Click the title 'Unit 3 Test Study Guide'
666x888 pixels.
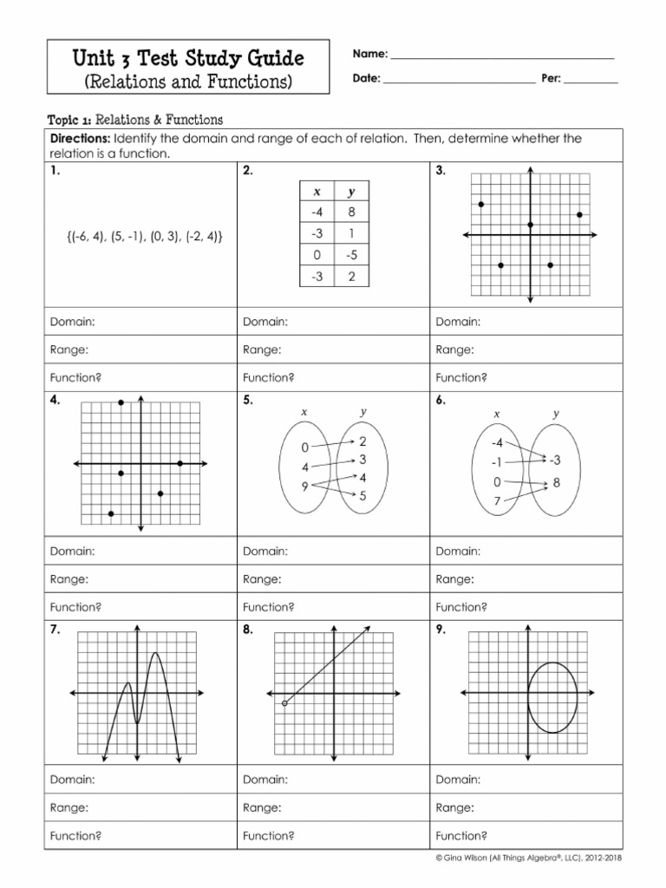187,59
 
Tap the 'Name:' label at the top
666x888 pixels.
369,54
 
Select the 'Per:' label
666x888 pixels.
551,78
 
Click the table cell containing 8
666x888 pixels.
351,212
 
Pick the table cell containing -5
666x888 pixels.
351,256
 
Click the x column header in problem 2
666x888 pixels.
317,192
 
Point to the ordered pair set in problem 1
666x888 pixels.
141,235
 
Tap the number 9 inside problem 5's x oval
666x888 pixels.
305,486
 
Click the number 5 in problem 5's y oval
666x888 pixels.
362,496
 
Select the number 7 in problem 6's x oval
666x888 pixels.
497,502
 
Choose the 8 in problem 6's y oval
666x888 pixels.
556,482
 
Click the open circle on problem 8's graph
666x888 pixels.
284,703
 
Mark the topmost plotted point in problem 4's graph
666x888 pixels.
121,402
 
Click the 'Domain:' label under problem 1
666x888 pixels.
72,322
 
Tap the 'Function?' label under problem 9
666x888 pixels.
461,836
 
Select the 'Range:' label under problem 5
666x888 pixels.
261,578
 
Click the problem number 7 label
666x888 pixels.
55,630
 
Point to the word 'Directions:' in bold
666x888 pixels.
80,139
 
